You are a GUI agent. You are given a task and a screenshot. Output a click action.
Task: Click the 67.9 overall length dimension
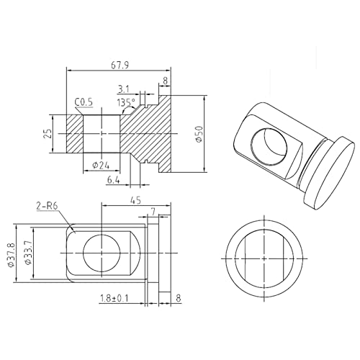click(x=120, y=66)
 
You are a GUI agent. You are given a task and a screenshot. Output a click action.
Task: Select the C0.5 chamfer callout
click(x=84, y=102)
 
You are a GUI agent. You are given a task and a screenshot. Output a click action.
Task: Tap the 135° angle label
click(x=126, y=102)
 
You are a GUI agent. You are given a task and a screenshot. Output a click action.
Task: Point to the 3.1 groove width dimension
click(x=123, y=89)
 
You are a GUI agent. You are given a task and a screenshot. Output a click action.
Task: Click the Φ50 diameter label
click(x=199, y=134)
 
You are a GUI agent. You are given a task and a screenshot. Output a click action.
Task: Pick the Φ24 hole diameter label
click(x=101, y=166)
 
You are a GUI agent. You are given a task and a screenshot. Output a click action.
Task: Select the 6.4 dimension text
click(x=113, y=180)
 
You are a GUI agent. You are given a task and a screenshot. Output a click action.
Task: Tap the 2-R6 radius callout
click(x=48, y=207)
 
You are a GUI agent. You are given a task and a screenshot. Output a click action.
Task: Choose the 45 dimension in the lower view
click(x=136, y=200)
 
